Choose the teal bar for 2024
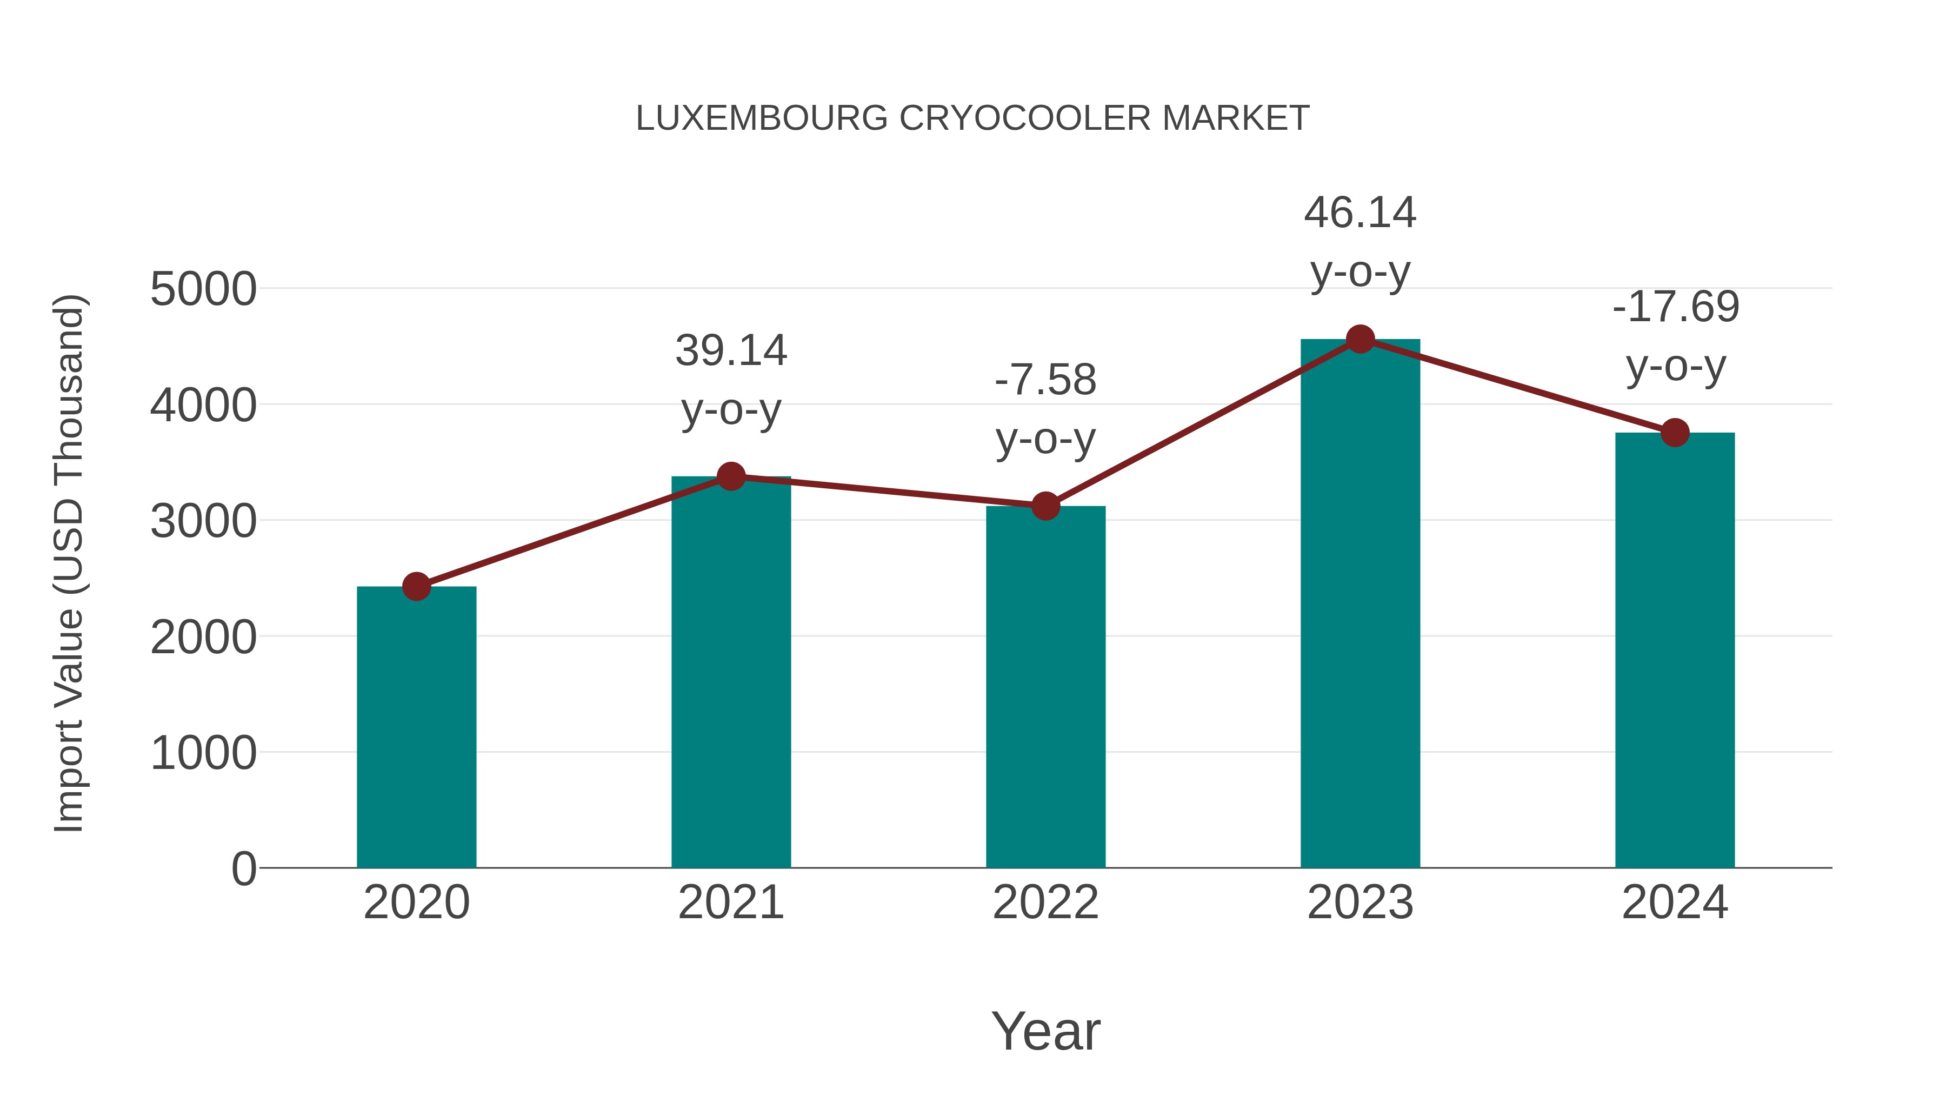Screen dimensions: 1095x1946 1675,650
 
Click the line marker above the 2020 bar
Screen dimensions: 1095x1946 416,586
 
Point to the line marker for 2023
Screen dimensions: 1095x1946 1360,339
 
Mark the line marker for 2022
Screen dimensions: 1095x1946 1045,506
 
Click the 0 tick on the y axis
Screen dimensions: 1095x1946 243,868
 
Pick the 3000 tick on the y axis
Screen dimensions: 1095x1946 203,521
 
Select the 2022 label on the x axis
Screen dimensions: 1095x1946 1045,902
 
